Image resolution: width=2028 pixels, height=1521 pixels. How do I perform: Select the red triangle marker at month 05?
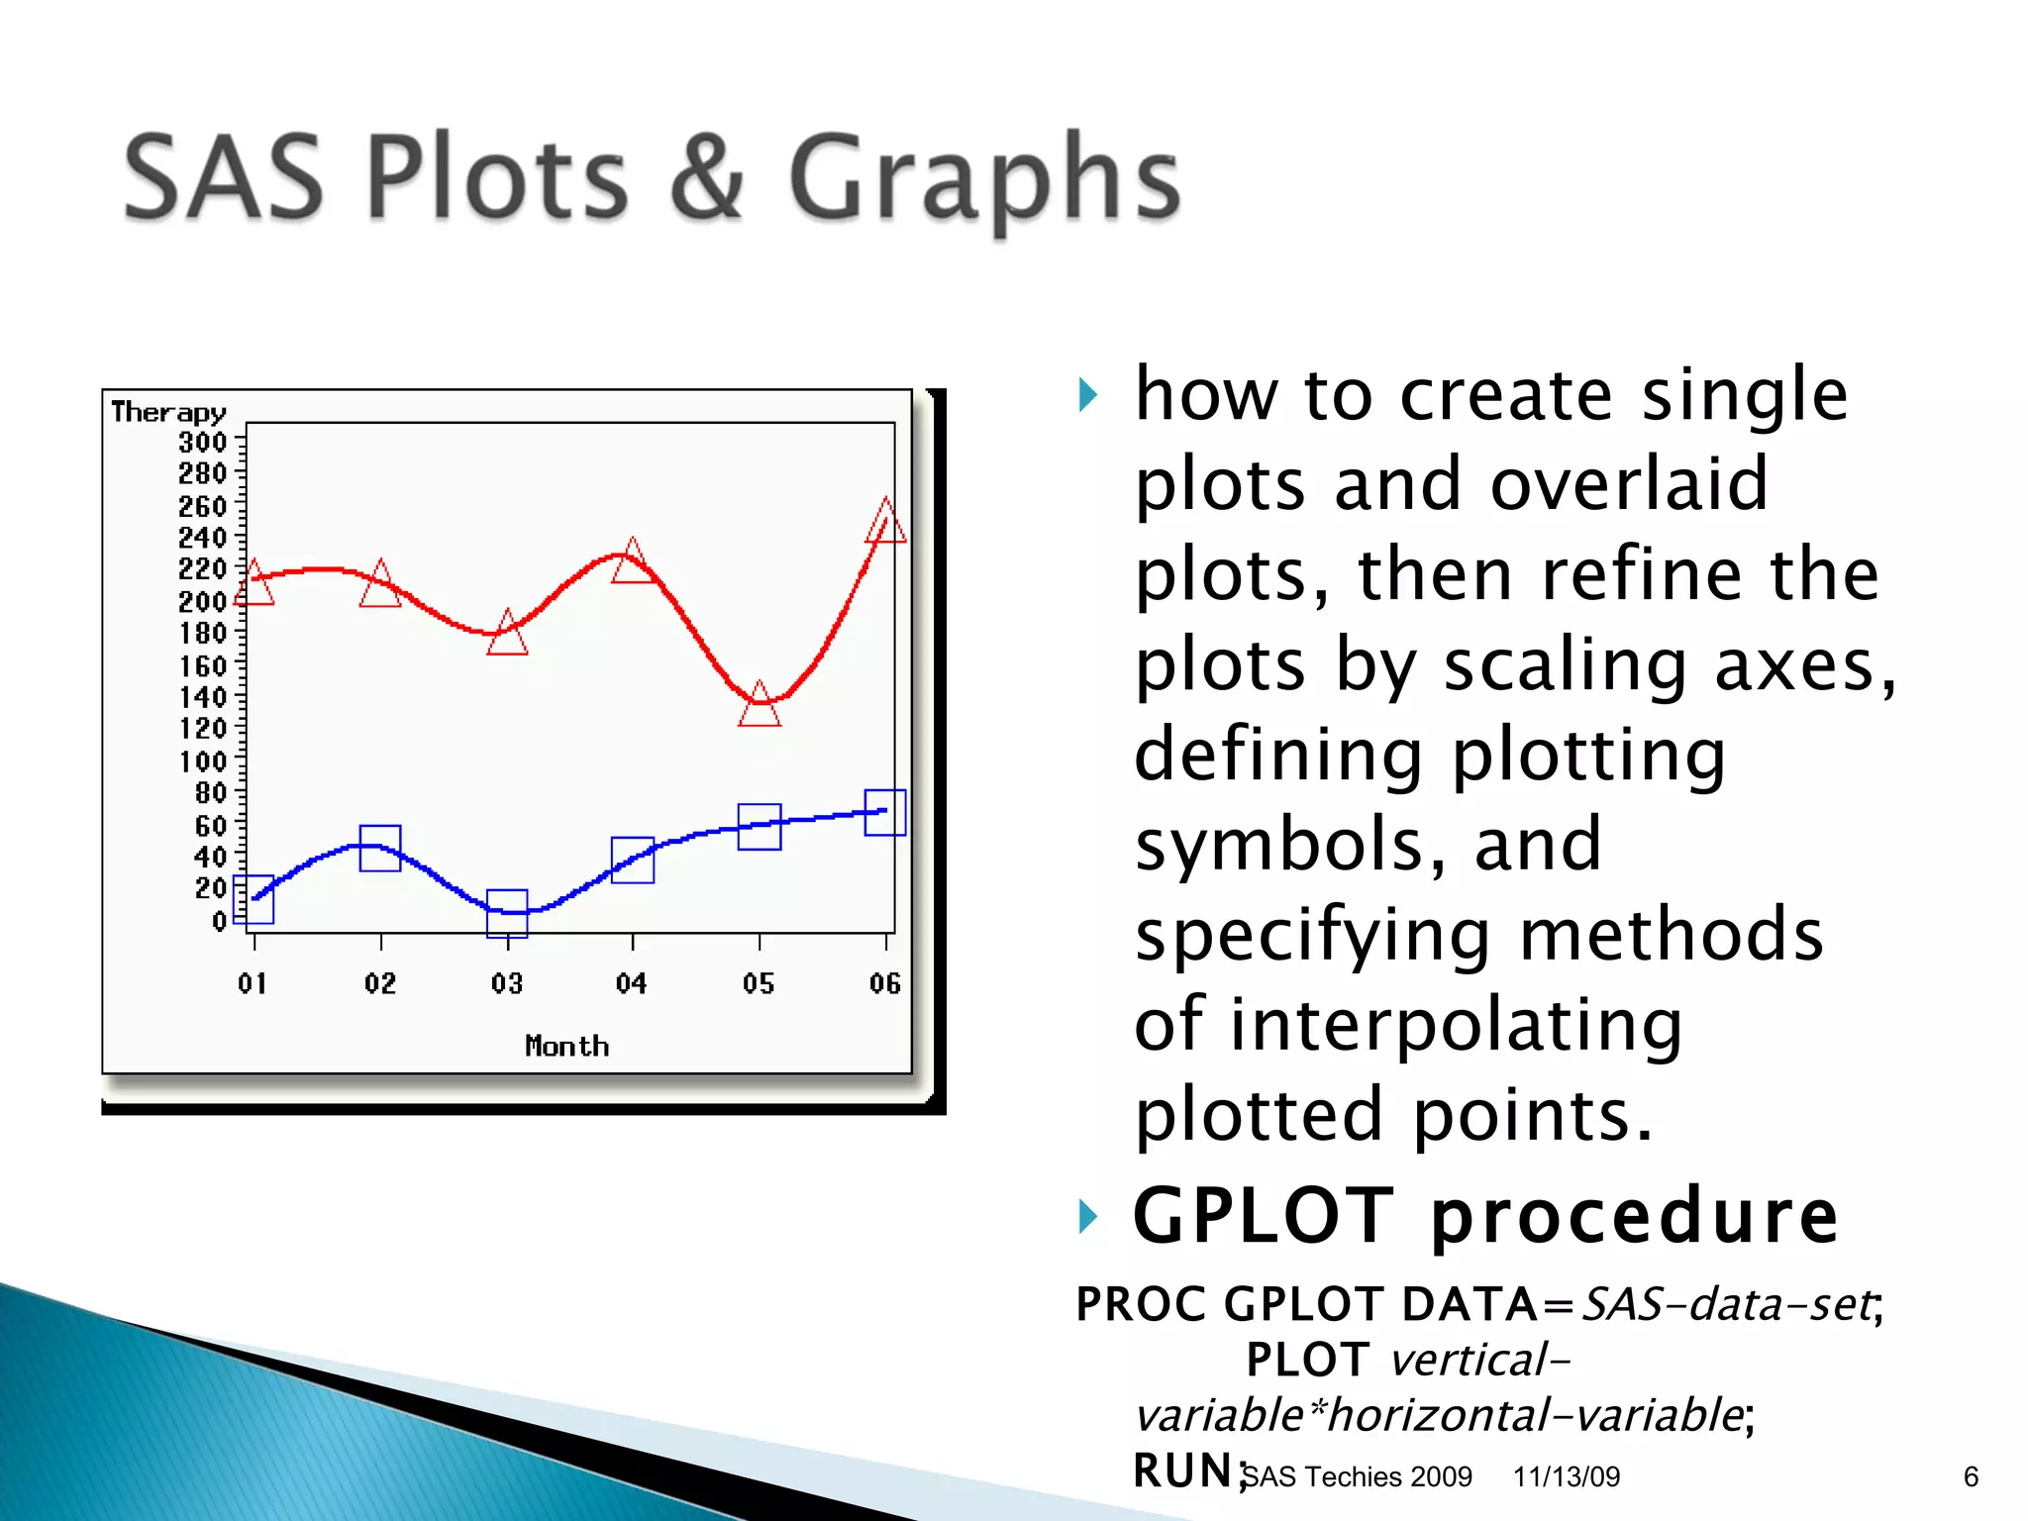point(760,706)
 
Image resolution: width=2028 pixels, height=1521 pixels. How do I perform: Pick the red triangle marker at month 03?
point(507,635)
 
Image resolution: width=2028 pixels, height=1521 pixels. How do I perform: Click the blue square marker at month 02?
point(380,848)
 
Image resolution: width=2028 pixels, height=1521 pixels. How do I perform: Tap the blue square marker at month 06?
point(885,812)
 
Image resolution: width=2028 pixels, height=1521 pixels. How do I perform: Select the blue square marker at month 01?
point(253,899)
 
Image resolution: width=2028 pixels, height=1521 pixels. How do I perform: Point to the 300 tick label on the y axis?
point(202,442)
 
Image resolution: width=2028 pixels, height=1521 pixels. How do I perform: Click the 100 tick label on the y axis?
point(202,761)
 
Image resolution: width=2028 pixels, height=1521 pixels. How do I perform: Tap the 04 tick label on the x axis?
point(632,983)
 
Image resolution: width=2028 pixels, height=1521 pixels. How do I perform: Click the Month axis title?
point(566,1046)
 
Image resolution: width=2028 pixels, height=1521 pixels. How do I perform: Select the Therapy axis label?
point(168,412)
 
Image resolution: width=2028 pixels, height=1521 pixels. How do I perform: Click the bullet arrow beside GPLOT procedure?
point(1087,1215)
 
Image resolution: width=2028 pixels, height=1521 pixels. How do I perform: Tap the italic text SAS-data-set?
point(1727,1303)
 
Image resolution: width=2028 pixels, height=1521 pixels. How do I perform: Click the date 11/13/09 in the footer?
point(1566,1476)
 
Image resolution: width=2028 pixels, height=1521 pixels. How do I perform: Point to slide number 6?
point(1970,1476)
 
